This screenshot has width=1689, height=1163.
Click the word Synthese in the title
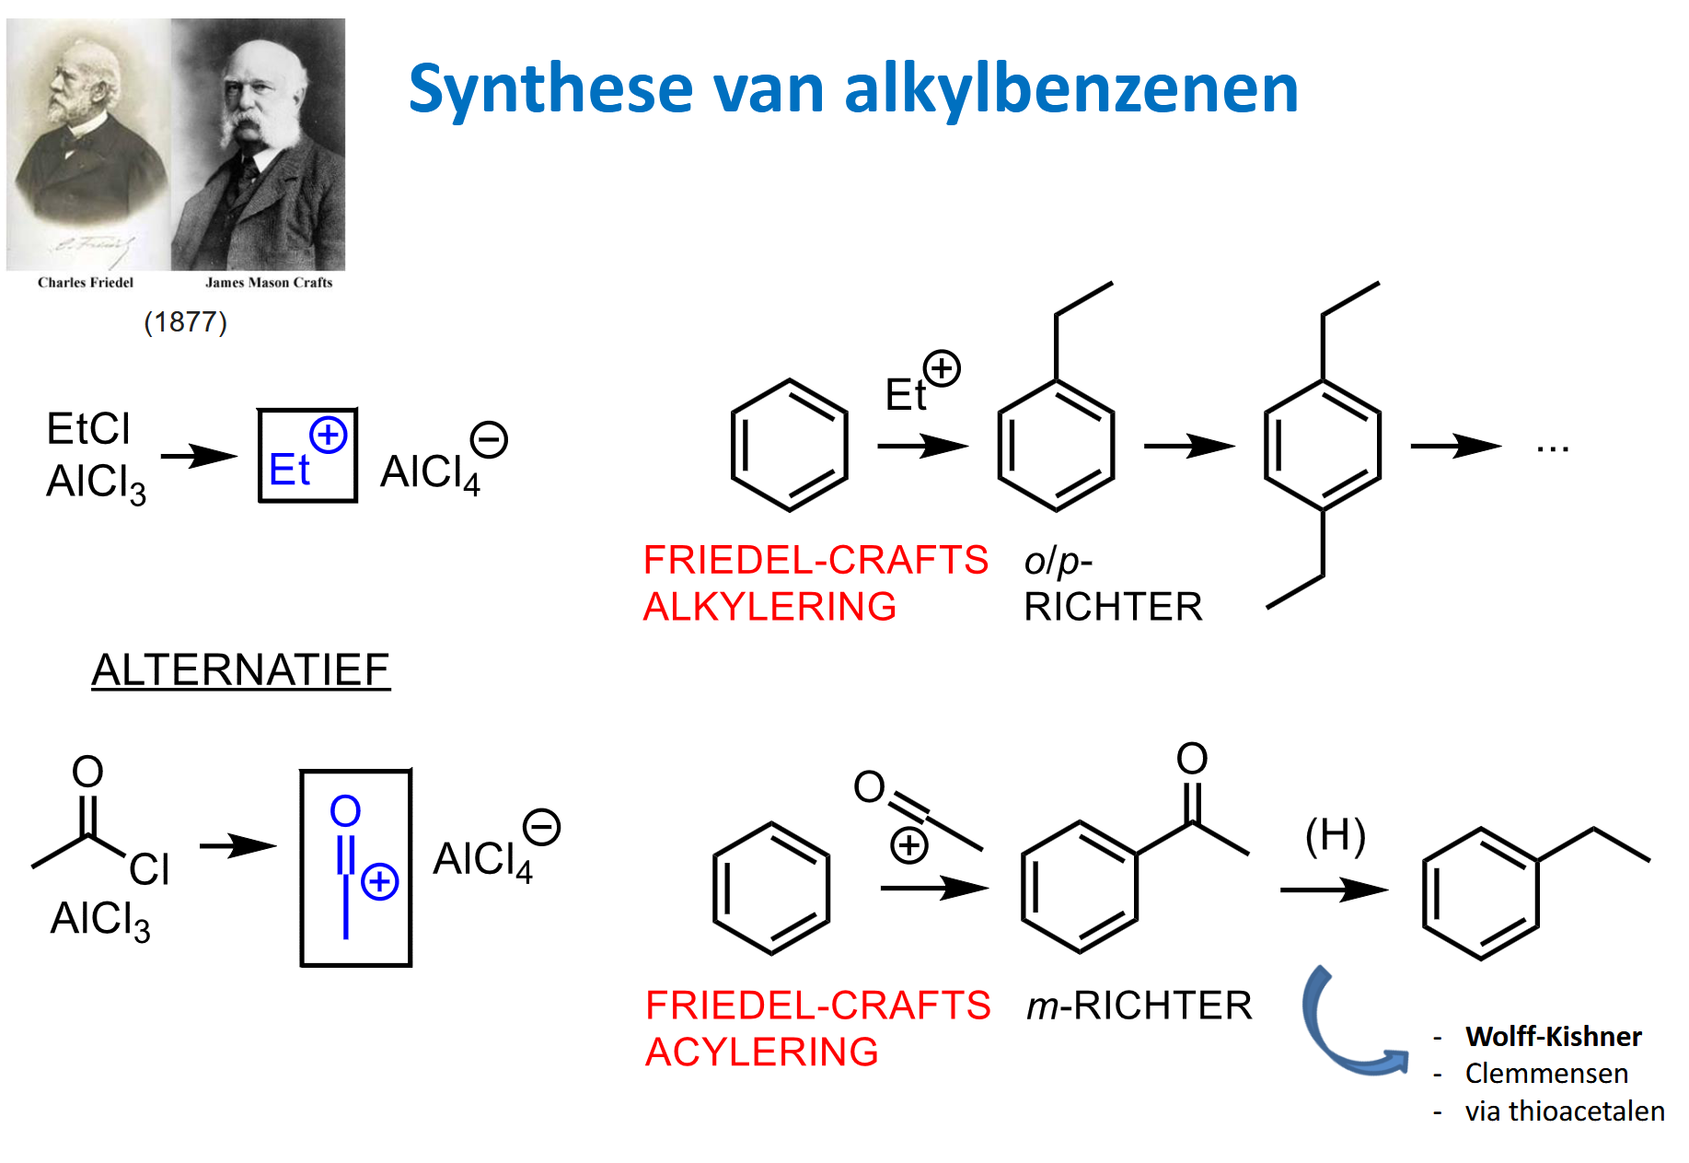(550, 90)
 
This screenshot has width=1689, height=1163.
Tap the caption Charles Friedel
(86, 283)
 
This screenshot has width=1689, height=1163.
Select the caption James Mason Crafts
(269, 283)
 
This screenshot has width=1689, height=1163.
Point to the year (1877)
(185, 322)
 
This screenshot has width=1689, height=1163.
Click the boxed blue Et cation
(307, 456)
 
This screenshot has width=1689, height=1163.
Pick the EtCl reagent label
(88, 429)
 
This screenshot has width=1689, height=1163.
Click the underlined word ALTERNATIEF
(240, 670)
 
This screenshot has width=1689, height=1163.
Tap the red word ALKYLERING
(769, 607)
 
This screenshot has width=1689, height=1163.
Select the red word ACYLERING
(762, 1053)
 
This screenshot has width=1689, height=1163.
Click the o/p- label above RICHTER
(1058, 561)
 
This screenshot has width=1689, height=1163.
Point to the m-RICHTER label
(1139, 1006)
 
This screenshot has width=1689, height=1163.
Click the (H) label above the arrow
(1335, 835)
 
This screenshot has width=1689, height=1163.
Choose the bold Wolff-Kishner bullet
(1553, 1037)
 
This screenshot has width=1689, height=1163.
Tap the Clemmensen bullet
(1546, 1074)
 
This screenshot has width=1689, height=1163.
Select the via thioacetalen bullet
(1564, 1111)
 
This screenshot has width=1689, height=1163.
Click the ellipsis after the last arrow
(1552, 448)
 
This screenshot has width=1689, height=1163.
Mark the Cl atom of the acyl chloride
(149, 869)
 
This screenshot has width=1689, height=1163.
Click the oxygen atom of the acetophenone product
(1192, 759)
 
